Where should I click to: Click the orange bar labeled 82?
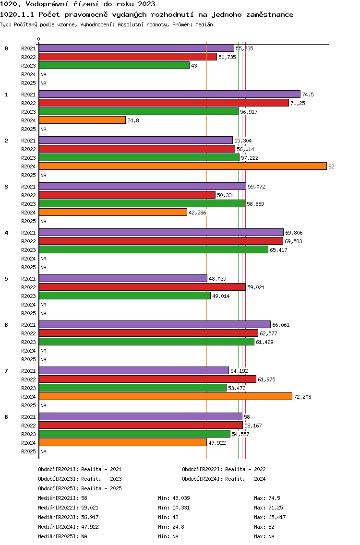click(x=183, y=166)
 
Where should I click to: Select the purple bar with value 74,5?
click(x=170, y=94)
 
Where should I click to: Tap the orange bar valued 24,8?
click(x=83, y=120)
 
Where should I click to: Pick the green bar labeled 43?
click(x=114, y=65)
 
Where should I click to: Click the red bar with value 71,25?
click(x=164, y=103)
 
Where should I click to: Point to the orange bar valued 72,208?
click(x=166, y=397)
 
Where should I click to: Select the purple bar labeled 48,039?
click(x=123, y=278)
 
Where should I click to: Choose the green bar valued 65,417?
click(x=154, y=249)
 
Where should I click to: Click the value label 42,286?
click(x=197, y=213)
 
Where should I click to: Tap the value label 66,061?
click(x=281, y=325)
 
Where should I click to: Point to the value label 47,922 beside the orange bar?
click(x=217, y=443)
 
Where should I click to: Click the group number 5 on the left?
click(x=6, y=279)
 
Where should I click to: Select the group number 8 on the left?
click(x=6, y=417)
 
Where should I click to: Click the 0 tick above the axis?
click(x=38, y=39)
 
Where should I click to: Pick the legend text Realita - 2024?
click(x=245, y=479)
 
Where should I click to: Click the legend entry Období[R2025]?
click(x=58, y=488)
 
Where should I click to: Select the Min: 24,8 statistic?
click(x=171, y=527)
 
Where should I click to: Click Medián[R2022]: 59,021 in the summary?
click(x=68, y=508)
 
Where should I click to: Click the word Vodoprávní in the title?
click(x=47, y=4)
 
